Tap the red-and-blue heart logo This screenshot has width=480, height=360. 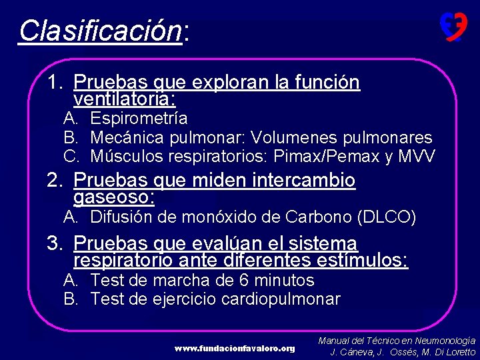(x=453, y=27)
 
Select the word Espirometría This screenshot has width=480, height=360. (x=139, y=119)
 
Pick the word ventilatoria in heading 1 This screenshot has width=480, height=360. (x=123, y=100)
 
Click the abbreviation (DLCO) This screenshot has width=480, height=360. (x=387, y=217)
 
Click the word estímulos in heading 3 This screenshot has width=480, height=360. (x=371, y=260)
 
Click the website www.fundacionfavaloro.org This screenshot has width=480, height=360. (x=235, y=349)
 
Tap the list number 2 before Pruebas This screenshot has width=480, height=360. (x=54, y=180)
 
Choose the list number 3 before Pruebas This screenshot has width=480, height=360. (x=54, y=243)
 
